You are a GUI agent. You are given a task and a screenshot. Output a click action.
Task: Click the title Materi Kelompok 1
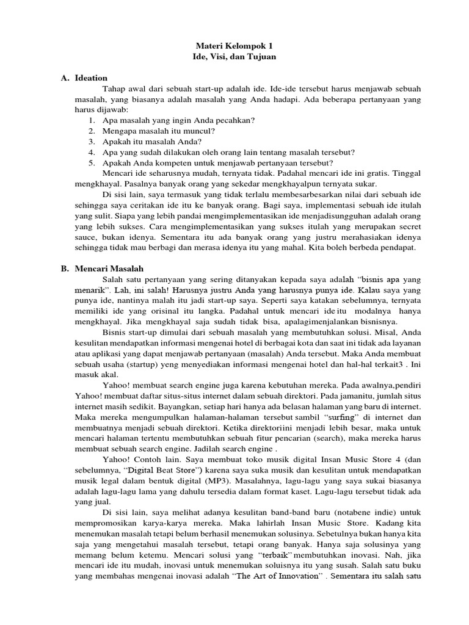[235, 46]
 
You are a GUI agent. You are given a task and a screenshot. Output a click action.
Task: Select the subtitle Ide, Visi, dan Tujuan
[235, 57]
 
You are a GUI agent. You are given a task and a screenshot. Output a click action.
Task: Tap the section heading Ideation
[91, 78]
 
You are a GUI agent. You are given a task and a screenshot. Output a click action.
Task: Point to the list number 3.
[91, 142]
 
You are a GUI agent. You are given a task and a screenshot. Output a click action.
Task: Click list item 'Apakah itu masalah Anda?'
[151, 142]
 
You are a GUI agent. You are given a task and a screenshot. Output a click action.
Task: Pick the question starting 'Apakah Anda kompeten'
[218, 163]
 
